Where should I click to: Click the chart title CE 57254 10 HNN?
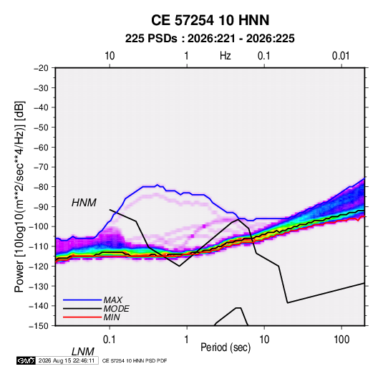210,20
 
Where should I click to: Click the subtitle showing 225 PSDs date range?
210,39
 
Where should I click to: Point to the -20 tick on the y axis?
42,68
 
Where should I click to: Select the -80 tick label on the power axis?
42,187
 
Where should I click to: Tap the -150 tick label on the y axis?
39,326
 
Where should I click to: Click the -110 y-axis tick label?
39,246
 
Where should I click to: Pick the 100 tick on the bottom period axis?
341,340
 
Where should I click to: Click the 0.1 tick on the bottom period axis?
109,340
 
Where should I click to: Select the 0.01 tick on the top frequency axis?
341,56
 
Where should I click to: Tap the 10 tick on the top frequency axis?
110,56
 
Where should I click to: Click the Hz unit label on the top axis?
226,56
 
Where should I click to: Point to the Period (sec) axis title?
226,347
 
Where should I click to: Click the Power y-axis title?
20,196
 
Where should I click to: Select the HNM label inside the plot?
84,203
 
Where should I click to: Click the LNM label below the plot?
83,352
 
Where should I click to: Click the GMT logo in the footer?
26,360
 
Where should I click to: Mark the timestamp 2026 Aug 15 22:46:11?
67,360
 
